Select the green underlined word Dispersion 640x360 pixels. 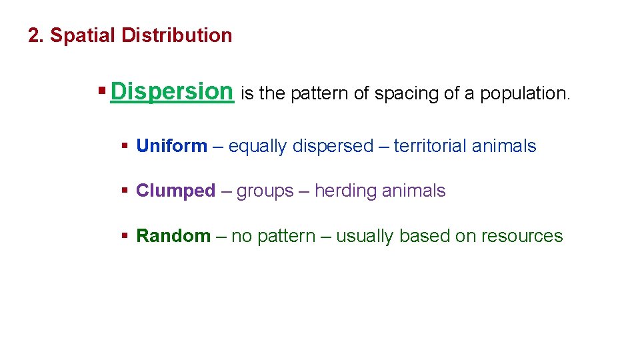click(x=172, y=91)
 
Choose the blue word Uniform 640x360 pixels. click(x=171, y=146)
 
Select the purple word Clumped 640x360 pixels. click(x=176, y=191)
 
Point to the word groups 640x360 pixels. click(x=265, y=191)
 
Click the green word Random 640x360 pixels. click(x=173, y=236)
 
